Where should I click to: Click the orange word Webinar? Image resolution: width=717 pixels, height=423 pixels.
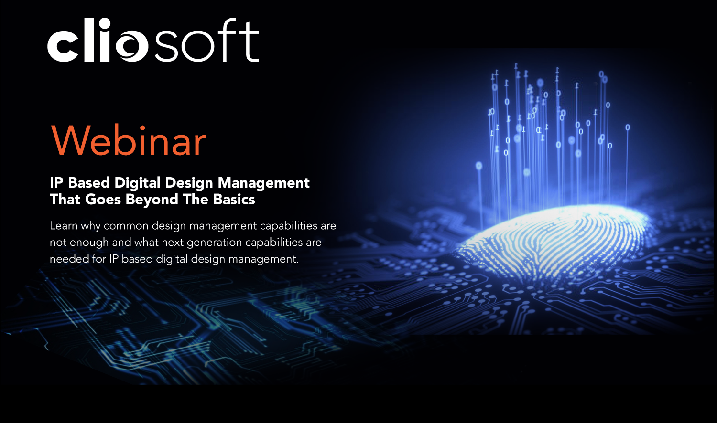(x=129, y=141)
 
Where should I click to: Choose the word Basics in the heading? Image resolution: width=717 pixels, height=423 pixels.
(x=234, y=200)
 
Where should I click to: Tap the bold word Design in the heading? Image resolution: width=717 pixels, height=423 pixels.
(x=189, y=183)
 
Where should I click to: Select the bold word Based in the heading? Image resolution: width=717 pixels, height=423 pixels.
(x=89, y=183)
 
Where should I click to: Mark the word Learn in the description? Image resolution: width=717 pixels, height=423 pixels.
(x=64, y=226)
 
